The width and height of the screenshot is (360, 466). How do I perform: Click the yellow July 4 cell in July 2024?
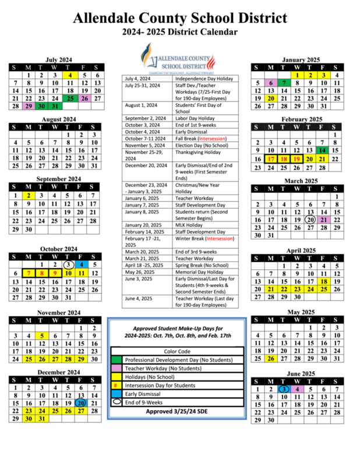(x=70, y=75)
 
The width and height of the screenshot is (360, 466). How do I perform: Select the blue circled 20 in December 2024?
(x=80, y=403)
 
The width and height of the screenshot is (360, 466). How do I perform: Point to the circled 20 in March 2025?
(x=310, y=220)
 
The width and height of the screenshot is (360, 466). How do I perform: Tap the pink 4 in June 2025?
(x=297, y=389)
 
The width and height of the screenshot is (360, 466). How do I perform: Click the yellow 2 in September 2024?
(x=28, y=196)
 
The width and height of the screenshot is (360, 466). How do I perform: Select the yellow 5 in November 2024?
(x=41, y=336)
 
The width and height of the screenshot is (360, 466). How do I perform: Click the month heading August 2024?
(x=59, y=119)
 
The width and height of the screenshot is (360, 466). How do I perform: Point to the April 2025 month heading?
(x=301, y=250)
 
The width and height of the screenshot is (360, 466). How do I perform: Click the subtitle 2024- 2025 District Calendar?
(x=179, y=31)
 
